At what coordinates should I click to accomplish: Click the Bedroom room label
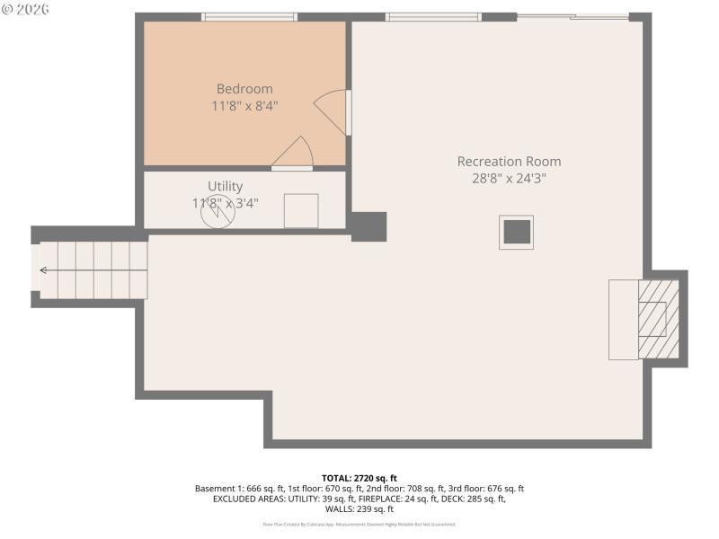pyautogui.click(x=244, y=89)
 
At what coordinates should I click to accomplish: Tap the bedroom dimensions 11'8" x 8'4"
pyautogui.click(x=244, y=106)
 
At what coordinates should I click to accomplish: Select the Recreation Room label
pyautogui.click(x=509, y=162)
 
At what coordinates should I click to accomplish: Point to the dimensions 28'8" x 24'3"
pyautogui.click(x=509, y=178)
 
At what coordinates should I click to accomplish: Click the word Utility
pyautogui.click(x=225, y=186)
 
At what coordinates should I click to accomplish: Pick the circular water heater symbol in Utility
pyautogui.click(x=217, y=212)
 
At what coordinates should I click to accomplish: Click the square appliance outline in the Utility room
pyautogui.click(x=301, y=210)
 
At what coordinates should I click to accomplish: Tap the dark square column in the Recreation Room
pyautogui.click(x=517, y=232)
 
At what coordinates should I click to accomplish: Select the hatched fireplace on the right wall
pyautogui.click(x=661, y=319)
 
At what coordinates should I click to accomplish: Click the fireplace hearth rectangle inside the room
pyautogui.click(x=623, y=319)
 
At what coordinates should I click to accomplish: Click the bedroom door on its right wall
pyautogui.click(x=333, y=112)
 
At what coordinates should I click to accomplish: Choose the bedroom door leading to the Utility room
pyautogui.click(x=293, y=155)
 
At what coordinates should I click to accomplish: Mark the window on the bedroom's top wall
pyautogui.click(x=249, y=16)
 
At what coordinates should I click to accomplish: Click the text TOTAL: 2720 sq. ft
pyautogui.click(x=359, y=478)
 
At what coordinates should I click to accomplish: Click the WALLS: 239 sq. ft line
pyautogui.click(x=359, y=508)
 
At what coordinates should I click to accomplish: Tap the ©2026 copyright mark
pyautogui.click(x=26, y=9)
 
